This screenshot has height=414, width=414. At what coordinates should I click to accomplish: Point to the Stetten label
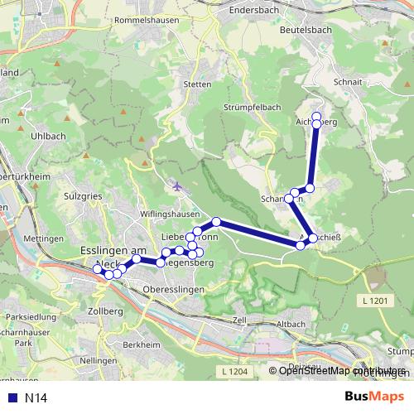pyautogui.click(x=197, y=84)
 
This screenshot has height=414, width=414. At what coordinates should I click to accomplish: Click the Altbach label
pyautogui.click(x=294, y=322)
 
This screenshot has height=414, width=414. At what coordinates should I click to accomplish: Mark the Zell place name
pyautogui.click(x=240, y=320)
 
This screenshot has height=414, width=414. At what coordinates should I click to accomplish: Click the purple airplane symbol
pyautogui.click(x=177, y=185)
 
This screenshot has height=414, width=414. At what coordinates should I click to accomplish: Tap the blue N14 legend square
pyautogui.click(x=11, y=398)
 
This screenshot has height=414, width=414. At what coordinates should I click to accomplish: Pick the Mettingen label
pyautogui.click(x=38, y=238)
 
